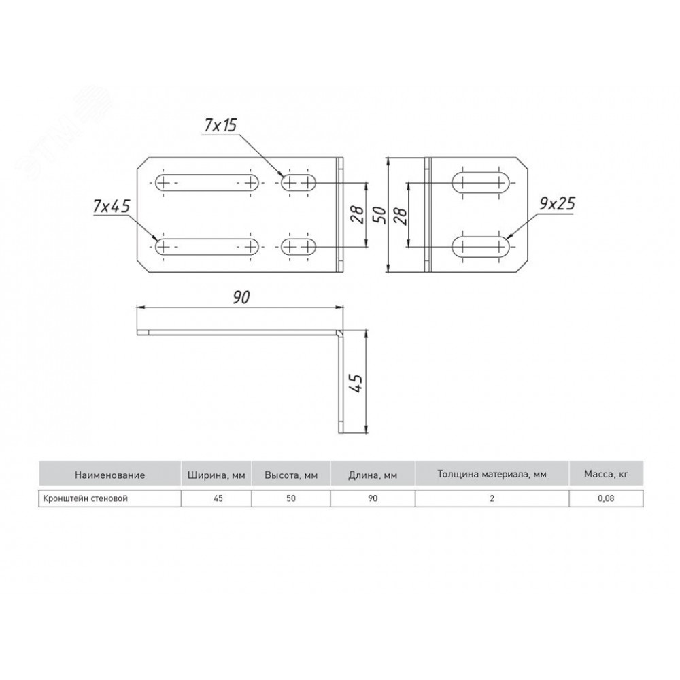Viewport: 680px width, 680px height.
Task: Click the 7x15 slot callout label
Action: (x=220, y=125)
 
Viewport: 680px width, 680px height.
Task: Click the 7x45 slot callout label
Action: (x=112, y=207)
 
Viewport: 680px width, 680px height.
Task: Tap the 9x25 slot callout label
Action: (x=557, y=203)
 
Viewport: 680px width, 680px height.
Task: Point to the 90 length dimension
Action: (x=241, y=298)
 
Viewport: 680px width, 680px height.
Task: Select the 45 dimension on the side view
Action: (x=356, y=382)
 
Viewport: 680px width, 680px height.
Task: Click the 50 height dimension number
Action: (x=379, y=215)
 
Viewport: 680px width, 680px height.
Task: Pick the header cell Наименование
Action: (x=109, y=475)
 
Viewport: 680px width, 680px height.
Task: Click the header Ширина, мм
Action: (x=216, y=475)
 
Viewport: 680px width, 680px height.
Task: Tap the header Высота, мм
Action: (x=291, y=475)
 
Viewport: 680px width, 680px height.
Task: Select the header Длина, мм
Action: (x=373, y=475)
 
